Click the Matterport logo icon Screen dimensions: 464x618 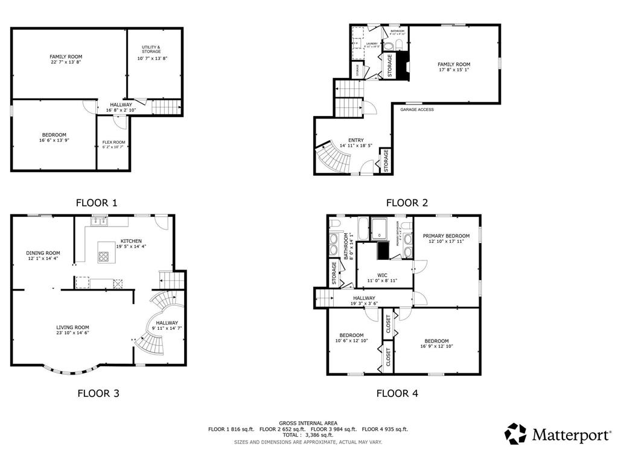coord(515,433)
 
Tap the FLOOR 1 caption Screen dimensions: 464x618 coord(97,203)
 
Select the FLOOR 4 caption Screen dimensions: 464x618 coord(397,393)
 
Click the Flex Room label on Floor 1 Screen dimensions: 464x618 coord(113,143)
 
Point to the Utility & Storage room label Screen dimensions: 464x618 coord(151,49)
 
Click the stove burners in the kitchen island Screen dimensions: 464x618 coord(103,256)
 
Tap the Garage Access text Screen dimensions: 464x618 coord(416,109)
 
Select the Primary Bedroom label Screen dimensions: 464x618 coord(446,236)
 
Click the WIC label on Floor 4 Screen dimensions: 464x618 coord(383,275)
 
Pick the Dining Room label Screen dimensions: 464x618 coord(43,253)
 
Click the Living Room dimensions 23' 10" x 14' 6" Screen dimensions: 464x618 coord(74,333)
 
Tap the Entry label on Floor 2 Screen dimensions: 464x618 coord(355,140)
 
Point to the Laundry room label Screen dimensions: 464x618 coord(371,43)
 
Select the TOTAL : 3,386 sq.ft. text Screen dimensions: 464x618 coord(308,434)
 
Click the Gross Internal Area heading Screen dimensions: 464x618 coord(308,423)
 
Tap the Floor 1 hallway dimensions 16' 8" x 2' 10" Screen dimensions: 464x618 coord(121,110)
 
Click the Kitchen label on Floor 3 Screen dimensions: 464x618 coord(130,240)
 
